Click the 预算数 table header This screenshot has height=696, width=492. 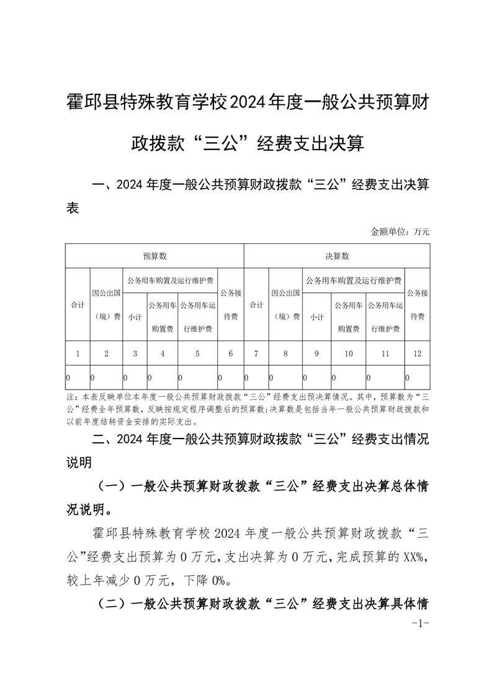tap(154, 256)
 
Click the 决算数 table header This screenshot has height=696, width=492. tap(337, 256)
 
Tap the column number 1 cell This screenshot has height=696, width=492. tap(78, 354)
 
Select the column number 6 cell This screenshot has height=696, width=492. tap(231, 354)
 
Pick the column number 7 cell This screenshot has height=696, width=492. tap(256, 354)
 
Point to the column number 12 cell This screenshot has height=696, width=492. tap(417, 354)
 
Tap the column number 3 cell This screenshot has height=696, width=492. tap(135, 354)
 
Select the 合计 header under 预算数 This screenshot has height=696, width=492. tap(78, 305)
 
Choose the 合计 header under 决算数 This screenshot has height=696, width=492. tap(256, 305)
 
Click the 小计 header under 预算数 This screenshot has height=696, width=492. tap(135, 317)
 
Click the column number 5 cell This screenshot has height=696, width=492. tap(197, 354)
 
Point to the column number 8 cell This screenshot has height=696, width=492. tap(285, 354)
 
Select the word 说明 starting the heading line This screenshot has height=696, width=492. tap(79, 462)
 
